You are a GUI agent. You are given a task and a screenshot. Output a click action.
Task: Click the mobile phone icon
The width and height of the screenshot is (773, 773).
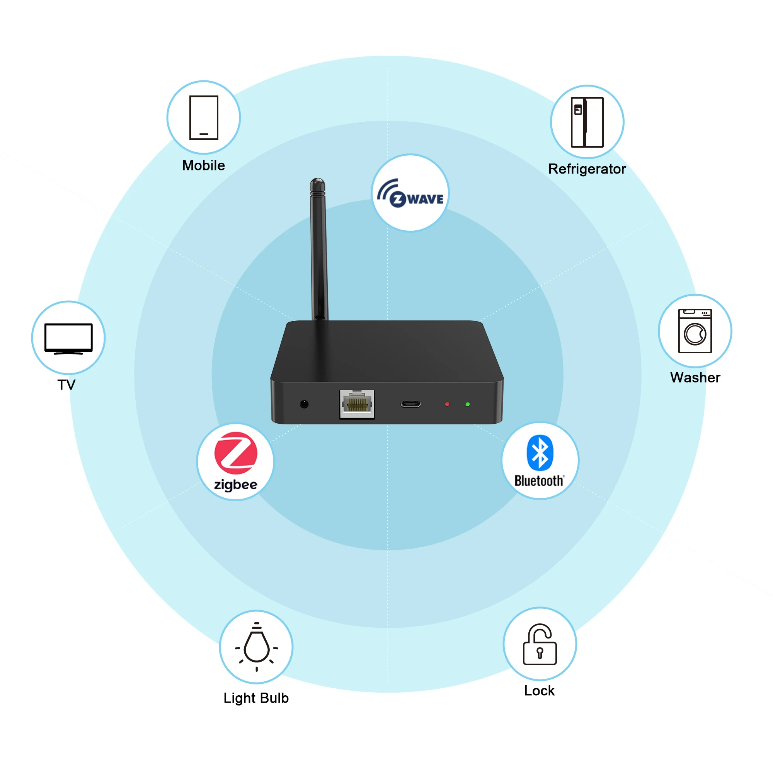click(x=204, y=117)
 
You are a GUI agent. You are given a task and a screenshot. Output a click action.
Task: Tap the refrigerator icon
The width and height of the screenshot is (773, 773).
click(x=587, y=122)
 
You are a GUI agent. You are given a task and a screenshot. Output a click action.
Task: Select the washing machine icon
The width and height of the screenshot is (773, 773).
click(x=695, y=331)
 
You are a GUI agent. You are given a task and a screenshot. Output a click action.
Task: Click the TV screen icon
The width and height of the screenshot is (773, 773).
click(x=68, y=339)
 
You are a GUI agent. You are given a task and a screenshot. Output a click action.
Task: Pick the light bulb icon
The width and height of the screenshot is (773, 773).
click(x=257, y=647)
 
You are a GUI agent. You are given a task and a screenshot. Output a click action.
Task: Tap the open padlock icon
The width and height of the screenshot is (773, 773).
click(x=540, y=644)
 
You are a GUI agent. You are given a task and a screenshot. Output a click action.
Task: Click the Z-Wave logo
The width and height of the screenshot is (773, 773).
click(x=410, y=193)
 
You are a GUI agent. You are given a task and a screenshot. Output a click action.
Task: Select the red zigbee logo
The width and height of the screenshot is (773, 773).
click(x=236, y=453)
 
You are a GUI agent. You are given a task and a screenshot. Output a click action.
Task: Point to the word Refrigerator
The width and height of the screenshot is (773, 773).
click(x=587, y=169)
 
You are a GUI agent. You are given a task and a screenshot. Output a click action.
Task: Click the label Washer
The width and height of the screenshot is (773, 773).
click(x=695, y=378)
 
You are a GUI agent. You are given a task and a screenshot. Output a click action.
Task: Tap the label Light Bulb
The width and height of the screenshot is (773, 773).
click(x=256, y=698)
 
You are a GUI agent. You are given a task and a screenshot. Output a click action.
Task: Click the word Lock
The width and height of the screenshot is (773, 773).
click(x=539, y=691)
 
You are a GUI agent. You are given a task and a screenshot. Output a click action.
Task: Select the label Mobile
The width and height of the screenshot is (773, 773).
click(x=204, y=165)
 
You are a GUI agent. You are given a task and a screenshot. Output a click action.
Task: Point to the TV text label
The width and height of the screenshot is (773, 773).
click(x=66, y=385)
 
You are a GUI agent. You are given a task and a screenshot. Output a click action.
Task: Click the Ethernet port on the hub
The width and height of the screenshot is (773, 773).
click(x=357, y=404)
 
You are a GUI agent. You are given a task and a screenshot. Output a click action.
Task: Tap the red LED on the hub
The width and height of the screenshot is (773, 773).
click(x=447, y=405)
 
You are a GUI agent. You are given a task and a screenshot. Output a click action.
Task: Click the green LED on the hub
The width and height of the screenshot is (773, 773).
click(x=468, y=405)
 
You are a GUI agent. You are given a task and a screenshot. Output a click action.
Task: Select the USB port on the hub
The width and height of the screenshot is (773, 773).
click(x=410, y=404)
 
